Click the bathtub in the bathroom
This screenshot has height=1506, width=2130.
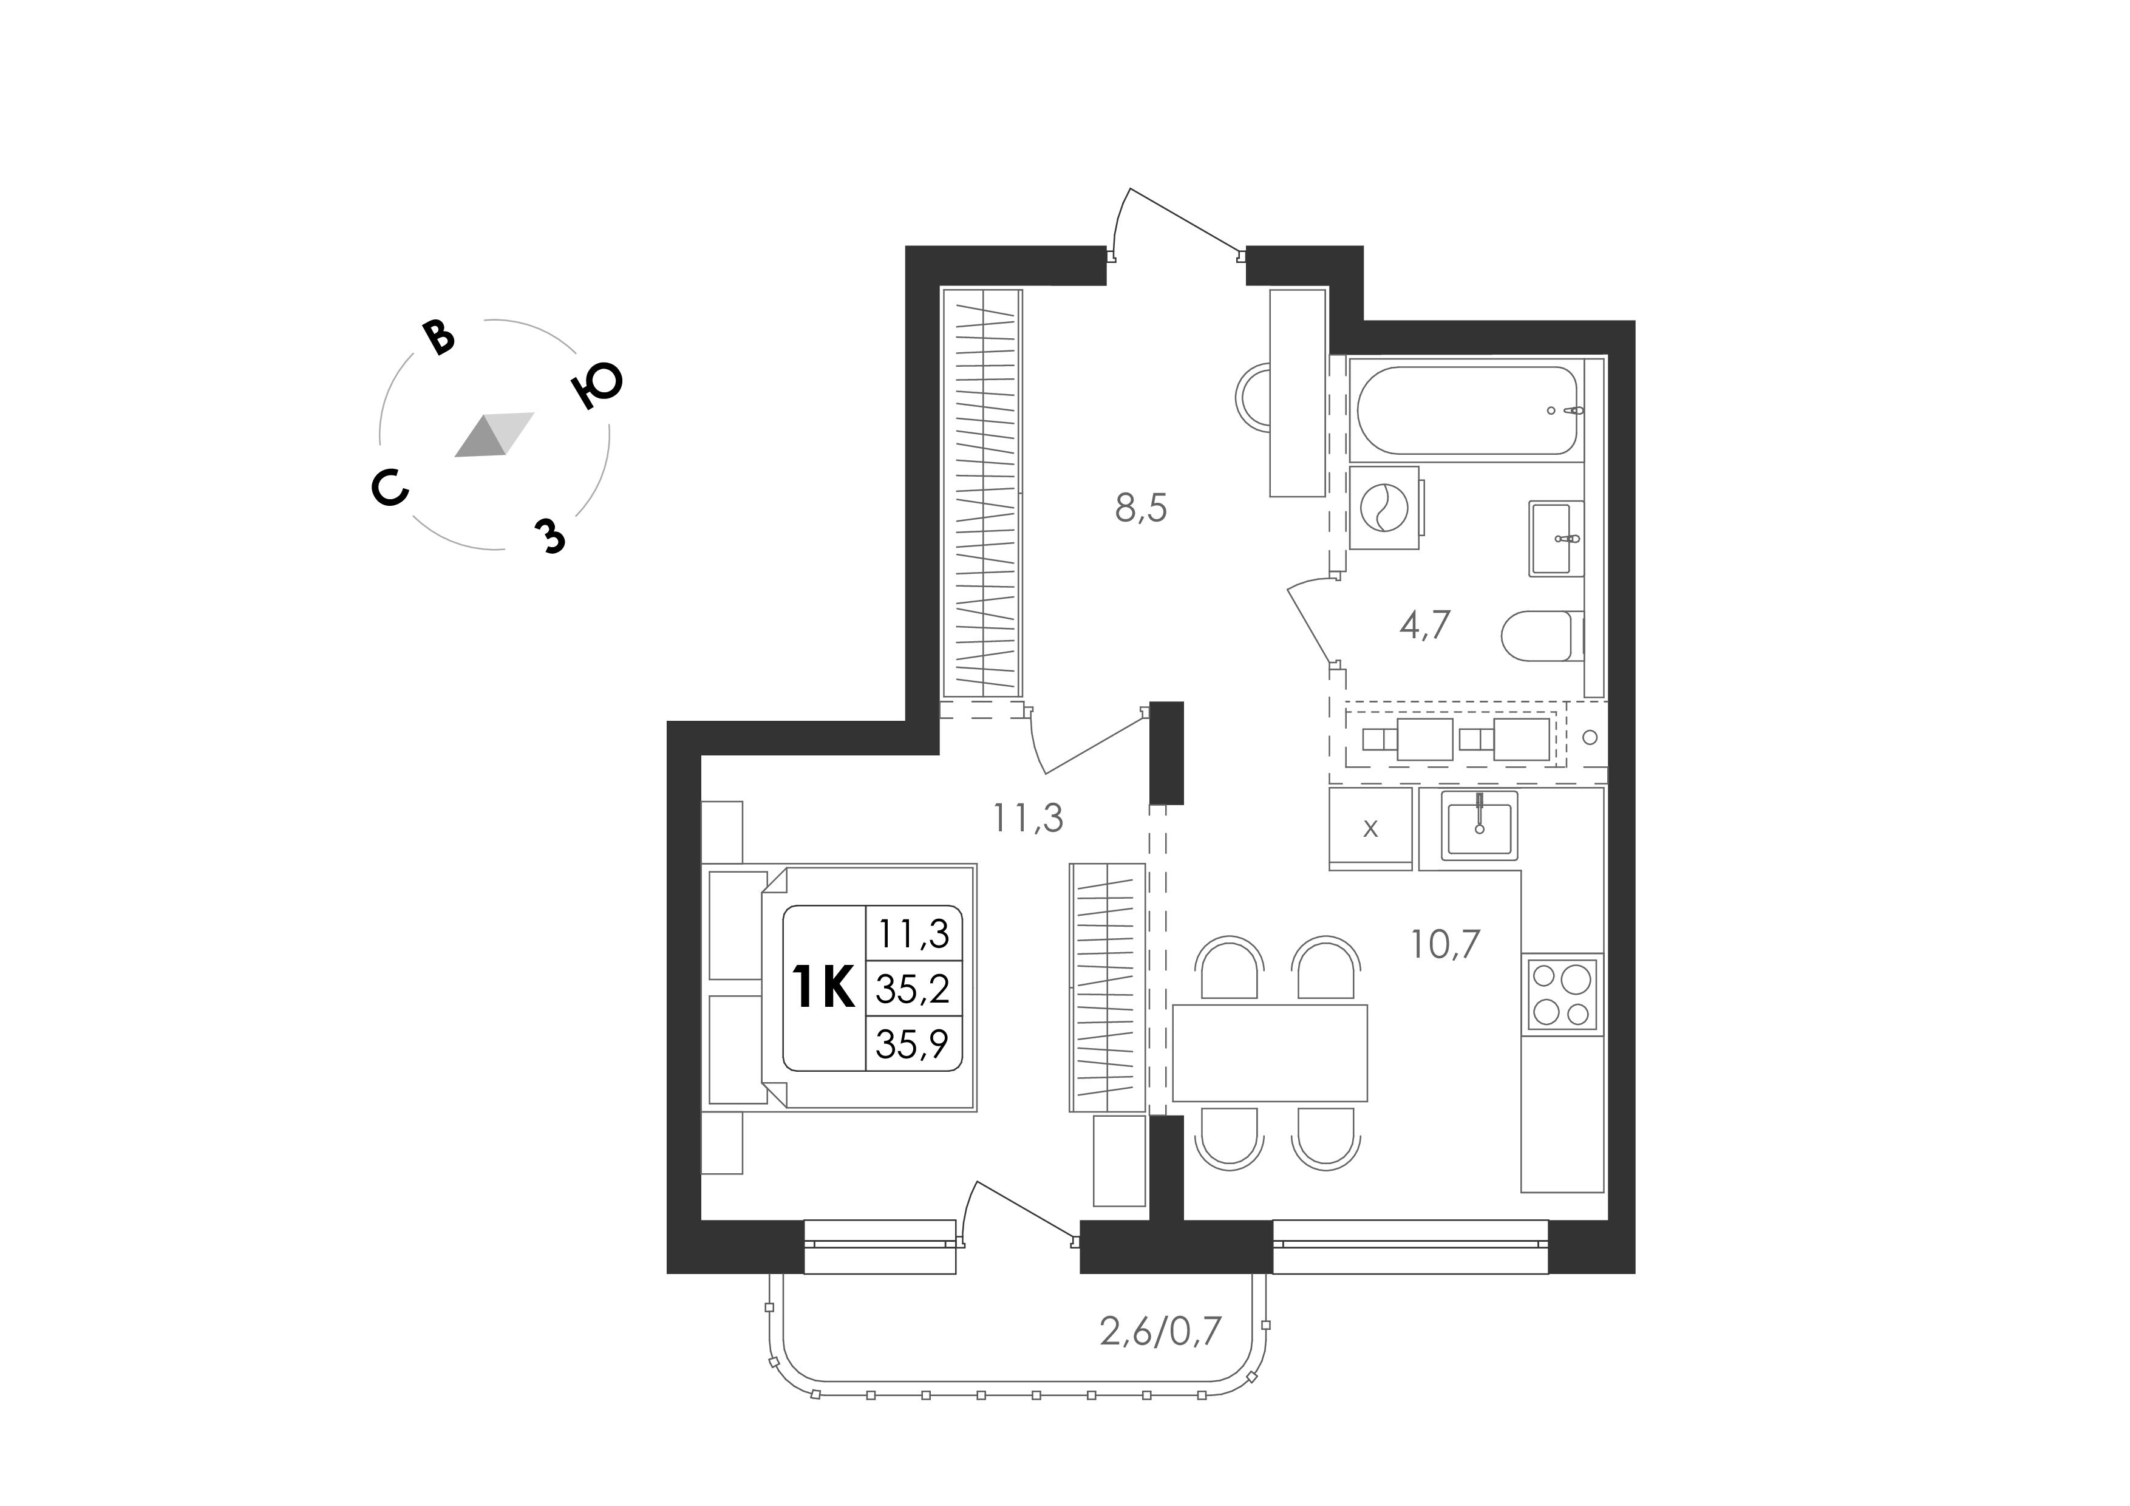coord(1467,410)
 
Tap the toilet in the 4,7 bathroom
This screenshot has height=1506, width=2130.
coord(1542,636)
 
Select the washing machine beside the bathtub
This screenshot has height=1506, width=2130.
coord(1384,508)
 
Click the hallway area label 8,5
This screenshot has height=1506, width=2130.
coord(1140,508)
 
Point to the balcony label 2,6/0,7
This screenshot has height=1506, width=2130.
coord(1160,1334)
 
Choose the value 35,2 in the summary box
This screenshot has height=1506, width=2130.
coord(913,990)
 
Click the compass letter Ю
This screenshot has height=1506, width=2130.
coord(597,384)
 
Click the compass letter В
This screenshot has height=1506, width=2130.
coord(439,338)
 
